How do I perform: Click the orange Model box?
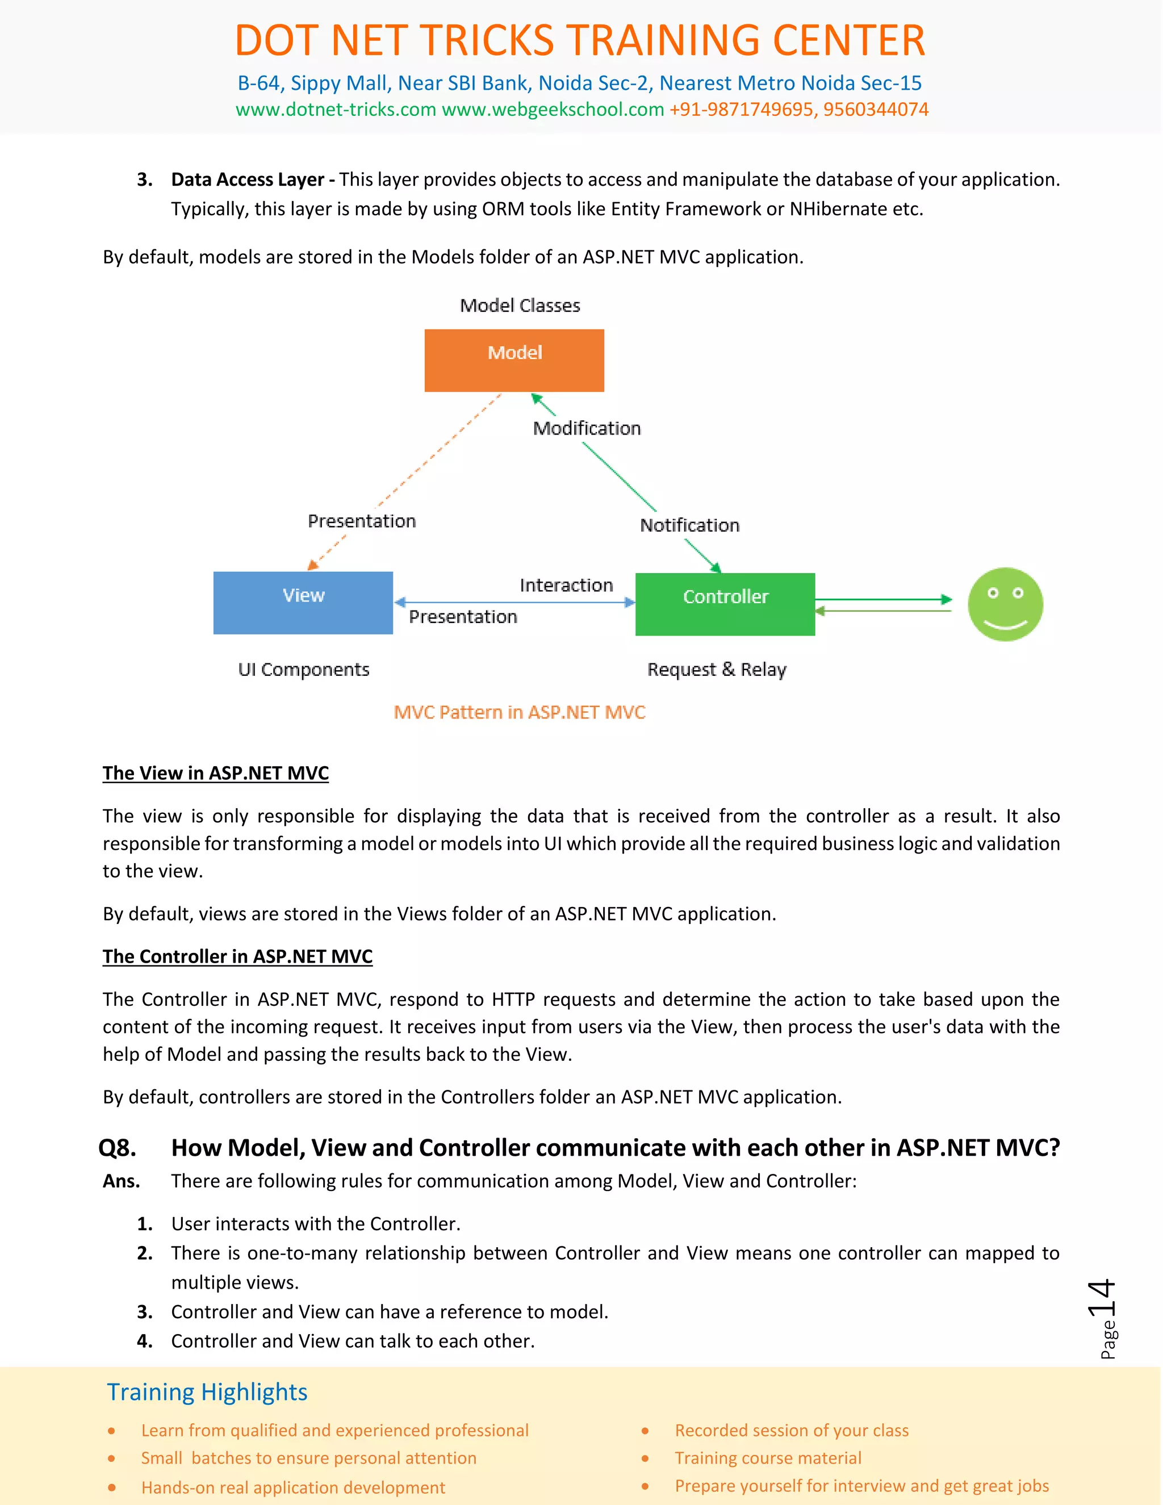click(x=514, y=361)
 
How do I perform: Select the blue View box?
click(x=303, y=602)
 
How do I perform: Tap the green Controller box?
click(x=725, y=604)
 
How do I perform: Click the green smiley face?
click(x=1005, y=604)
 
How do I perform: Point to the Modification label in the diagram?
click(x=586, y=429)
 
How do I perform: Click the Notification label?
click(x=689, y=526)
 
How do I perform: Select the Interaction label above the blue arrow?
click(x=566, y=585)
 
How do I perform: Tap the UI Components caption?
click(x=303, y=670)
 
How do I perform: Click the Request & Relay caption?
click(x=717, y=670)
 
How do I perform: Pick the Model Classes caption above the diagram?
click(x=520, y=306)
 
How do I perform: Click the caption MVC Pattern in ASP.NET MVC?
click(x=519, y=713)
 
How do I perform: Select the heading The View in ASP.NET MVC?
click(x=216, y=773)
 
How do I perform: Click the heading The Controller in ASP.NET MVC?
click(x=238, y=956)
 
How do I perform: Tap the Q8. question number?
click(x=117, y=1148)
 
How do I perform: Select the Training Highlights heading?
click(x=207, y=1392)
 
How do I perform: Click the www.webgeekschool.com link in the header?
click(x=553, y=110)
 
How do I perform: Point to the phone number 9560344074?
click(x=875, y=110)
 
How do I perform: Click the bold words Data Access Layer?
click(x=246, y=180)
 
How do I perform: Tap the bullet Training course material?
click(x=768, y=1458)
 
